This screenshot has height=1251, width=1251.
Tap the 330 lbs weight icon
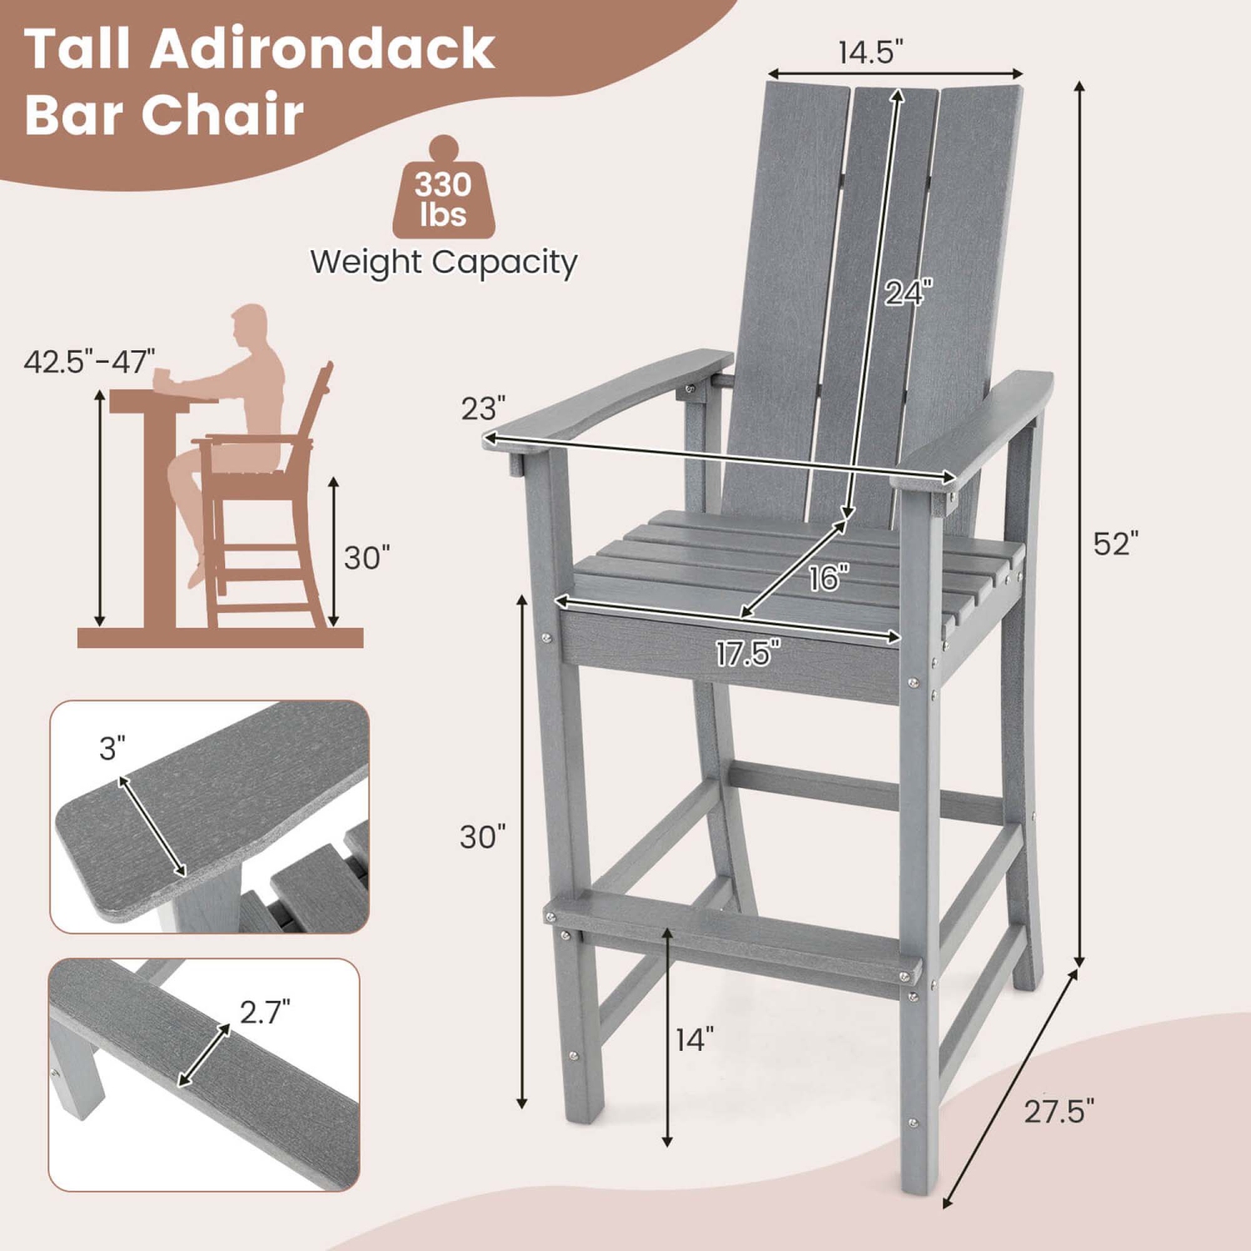(x=444, y=193)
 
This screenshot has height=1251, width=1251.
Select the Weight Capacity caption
(x=444, y=263)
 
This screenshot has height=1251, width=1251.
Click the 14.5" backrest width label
(x=871, y=52)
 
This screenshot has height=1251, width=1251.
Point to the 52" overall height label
(x=1115, y=543)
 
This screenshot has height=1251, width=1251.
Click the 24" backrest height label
(x=908, y=293)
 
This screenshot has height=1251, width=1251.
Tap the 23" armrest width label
(x=484, y=408)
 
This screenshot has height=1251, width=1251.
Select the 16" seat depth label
(x=829, y=577)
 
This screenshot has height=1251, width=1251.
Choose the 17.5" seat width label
(x=748, y=653)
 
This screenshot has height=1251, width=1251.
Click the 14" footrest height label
(x=695, y=1039)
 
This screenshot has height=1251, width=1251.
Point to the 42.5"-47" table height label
(x=89, y=362)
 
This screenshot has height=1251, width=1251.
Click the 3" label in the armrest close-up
(x=113, y=748)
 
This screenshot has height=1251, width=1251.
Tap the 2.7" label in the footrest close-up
(x=265, y=1012)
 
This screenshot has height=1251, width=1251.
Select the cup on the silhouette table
(x=161, y=378)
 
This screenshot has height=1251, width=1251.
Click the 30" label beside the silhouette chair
(x=367, y=557)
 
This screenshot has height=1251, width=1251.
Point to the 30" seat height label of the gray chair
(x=483, y=836)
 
